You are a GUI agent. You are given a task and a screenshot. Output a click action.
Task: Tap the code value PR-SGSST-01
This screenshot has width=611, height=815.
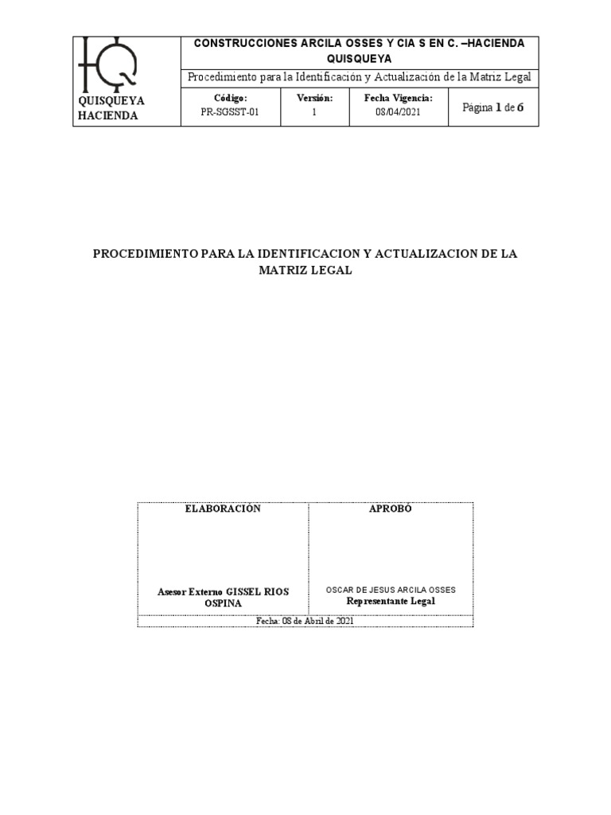230,112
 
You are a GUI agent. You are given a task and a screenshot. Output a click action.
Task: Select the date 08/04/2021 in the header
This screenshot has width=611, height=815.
398,112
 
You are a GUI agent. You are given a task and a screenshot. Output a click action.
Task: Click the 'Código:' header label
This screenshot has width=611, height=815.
230,98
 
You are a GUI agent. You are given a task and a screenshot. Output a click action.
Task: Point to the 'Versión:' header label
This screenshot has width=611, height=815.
314,98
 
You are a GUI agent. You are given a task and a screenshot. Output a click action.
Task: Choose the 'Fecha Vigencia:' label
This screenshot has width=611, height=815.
398,98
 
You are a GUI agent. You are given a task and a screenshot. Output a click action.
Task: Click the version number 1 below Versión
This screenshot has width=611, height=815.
314,112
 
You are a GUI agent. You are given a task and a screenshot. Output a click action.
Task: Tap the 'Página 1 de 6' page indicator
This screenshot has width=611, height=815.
493,107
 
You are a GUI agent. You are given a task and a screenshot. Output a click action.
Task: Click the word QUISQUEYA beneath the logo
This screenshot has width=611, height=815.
111,101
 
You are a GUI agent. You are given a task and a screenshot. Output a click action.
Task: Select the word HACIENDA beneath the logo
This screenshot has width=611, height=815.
108,115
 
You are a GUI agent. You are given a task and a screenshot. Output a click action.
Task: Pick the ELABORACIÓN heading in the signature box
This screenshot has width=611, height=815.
223,509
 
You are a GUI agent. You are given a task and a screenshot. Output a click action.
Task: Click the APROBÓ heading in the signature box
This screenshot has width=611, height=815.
390,509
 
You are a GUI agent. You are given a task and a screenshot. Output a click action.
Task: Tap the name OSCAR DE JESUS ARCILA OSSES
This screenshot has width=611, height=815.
391,590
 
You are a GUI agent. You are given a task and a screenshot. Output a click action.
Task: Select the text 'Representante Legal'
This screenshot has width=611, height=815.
391,602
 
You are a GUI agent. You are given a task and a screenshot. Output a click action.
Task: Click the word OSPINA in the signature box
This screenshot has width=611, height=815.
223,603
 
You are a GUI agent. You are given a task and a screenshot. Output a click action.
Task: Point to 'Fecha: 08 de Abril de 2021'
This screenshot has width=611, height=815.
305,622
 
